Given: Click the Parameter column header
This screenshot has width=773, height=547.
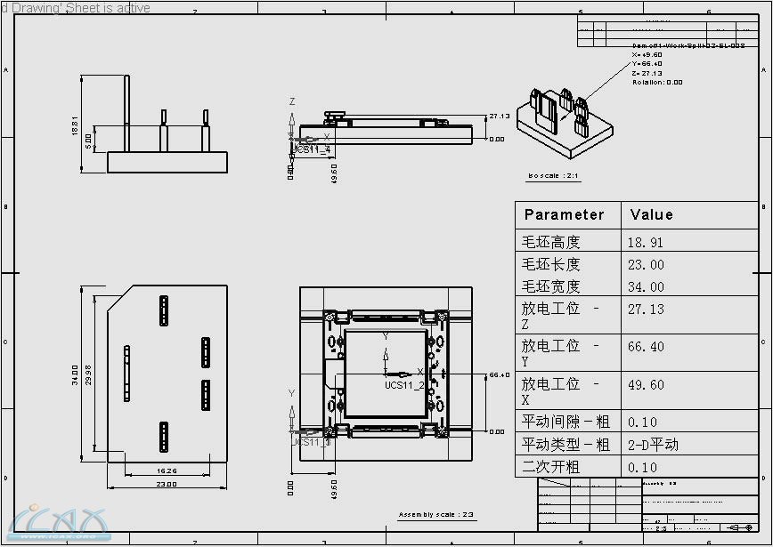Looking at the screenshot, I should (x=564, y=214).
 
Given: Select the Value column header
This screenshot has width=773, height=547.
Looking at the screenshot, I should (x=651, y=214).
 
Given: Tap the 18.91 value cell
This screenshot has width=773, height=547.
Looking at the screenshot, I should (x=645, y=242).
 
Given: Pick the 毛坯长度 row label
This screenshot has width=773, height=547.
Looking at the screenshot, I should (x=550, y=264).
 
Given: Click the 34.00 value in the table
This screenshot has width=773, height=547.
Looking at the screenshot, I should (x=645, y=286).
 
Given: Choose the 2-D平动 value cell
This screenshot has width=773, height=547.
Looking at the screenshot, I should (x=653, y=444).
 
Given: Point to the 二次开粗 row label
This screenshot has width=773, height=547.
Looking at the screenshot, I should (x=550, y=467).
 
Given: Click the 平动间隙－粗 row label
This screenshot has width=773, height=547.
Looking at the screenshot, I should (x=566, y=422).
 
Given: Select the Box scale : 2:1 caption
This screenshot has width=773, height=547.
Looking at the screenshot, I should (x=553, y=176).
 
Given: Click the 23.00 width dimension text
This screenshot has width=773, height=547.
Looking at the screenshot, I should (x=167, y=484).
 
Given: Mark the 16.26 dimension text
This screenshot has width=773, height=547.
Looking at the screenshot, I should (x=167, y=471).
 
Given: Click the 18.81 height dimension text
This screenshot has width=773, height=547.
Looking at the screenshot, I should (x=76, y=126).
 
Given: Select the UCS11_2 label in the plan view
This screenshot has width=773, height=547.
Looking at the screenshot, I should (x=404, y=385).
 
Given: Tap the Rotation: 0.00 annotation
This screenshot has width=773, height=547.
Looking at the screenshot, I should (x=657, y=82).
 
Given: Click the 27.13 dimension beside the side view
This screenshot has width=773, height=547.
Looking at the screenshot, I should (x=499, y=116).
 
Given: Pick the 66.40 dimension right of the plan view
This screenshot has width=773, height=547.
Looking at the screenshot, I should (x=500, y=374).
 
